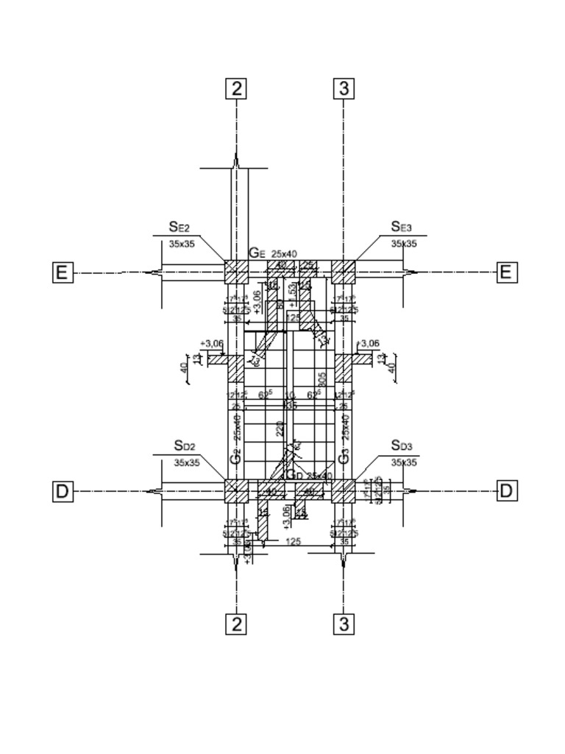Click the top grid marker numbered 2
click(x=236, y=89)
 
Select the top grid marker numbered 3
click(x=344, y=89)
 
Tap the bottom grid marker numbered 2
click(x=236, y=624)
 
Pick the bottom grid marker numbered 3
click(x=344, y=624)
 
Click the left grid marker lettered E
click(x=63, y=273)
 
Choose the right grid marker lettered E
click(x=505, y=272)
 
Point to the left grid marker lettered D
click(x=63, y=491)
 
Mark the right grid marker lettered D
click(x=505, y=490)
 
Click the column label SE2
click(x=180, y=227)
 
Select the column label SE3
click(x=401, y=227)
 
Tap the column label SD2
click(x=185, y=446)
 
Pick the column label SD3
click(x=402, y=445)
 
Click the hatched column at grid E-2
click(x=236, y=272)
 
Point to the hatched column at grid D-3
click(x=344, y=490)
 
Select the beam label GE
click(x=256, y=253)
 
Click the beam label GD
click(x=294, y=474)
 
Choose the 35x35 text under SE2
click(x=182, y=244)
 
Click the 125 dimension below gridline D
click(x=293, y=541)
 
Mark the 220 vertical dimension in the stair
click(x=280, y=429)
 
